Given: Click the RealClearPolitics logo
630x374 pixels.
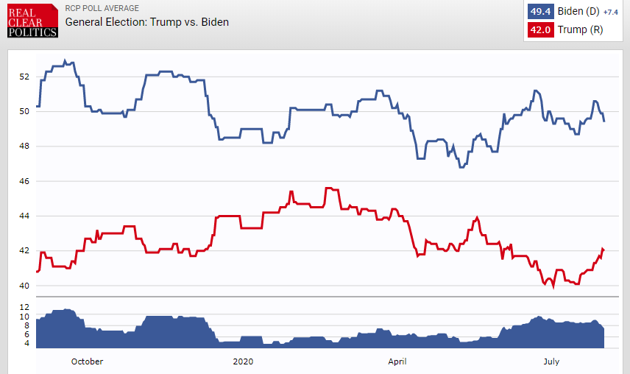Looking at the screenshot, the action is click(32, 21).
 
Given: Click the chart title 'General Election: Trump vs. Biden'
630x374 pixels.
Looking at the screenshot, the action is click(147, 22).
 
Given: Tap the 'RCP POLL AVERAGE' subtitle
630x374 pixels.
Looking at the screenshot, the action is click(102, 8).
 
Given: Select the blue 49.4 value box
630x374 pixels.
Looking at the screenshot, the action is click(540, 11).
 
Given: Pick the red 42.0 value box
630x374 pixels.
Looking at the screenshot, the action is click(540, 29).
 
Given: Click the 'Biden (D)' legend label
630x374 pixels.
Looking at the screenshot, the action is click(578, 11).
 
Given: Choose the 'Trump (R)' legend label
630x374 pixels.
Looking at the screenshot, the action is click(580, 29).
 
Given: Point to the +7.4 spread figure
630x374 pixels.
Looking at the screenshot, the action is click(611, 13).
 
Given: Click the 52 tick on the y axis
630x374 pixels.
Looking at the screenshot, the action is click(24, 77).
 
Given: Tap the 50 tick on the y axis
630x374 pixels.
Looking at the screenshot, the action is click(24, 111).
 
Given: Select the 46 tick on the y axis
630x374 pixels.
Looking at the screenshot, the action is click(24, 181).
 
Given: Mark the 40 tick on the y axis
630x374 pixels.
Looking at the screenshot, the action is click(24, 286).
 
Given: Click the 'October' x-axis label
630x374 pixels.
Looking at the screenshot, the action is click(87, 361).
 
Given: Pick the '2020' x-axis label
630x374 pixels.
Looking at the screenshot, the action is click(243, 361).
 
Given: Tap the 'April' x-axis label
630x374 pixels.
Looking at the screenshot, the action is click(397, 361).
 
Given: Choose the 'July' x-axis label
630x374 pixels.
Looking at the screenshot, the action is click(551, 361).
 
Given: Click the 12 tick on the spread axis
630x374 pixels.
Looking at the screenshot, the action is click(24, 307).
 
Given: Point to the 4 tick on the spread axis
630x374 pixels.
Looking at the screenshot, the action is click(27, 343).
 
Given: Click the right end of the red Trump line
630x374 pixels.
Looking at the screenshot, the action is click(604, 250).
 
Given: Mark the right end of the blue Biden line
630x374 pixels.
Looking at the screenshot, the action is click(604, 121).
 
